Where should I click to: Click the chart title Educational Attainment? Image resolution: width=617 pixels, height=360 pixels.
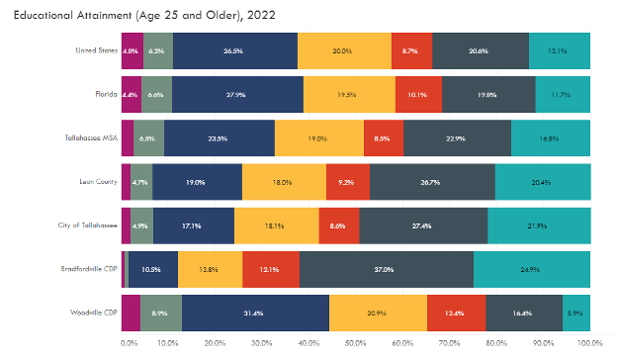[x=143, y=15]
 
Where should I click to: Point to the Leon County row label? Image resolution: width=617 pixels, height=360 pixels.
[x=98, y=181]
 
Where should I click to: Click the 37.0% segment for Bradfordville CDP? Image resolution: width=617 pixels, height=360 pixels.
[x=386, y=269]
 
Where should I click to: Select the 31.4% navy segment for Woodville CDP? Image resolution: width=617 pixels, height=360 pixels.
[x=255, y=313]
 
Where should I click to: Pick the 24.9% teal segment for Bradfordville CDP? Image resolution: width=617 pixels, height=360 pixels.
[x=532, y=269]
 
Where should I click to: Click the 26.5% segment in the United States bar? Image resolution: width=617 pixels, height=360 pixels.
[x=234, y=49]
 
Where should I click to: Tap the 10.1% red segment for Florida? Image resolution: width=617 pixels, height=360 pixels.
[x=417, y=94]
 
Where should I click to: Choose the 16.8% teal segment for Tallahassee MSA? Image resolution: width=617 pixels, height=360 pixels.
[x=551, y=138]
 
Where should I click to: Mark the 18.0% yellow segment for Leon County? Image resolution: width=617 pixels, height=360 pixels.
[x=283, y=182]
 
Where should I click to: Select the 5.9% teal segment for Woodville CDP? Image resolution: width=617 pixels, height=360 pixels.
[x=576, y=313]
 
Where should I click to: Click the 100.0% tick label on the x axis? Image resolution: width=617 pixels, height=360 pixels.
[x=590, y=343]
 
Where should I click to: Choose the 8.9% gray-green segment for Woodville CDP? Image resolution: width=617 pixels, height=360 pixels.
[x=160, y=313]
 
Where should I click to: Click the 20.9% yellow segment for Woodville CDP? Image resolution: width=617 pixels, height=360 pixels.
[x=378, y=313]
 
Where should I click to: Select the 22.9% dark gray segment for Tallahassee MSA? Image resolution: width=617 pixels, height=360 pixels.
[x=457, y=138]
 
